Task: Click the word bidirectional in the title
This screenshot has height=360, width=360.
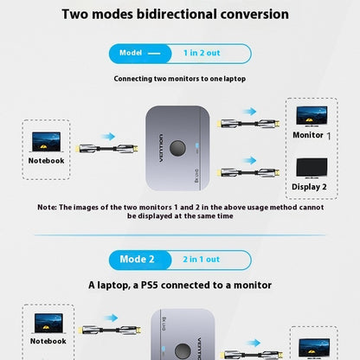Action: click(x=177, y=14)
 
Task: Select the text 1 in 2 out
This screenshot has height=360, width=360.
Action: click(x=202, y=53)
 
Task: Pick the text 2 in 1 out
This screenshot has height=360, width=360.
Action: click(x=202, y=260)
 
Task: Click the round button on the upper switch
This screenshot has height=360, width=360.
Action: click(x=177, y=148)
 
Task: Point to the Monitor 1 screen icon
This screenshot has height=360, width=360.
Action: click(x=312, y=116)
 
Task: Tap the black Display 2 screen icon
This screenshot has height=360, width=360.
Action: click(x=312, y=168)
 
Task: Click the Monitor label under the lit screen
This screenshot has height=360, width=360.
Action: click(x=308, y=135)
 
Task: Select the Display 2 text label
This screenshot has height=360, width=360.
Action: click(x=309, y=187)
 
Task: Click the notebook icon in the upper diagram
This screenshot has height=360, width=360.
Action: click(x=46, y=142)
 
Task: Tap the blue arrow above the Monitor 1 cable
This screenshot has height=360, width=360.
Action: click(x=249, y=112)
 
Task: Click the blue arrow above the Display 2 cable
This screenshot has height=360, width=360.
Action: click(x=249, y=160)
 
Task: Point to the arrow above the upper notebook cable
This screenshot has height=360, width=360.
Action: click(x=108, y=137)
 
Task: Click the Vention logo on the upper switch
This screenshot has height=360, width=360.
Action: click(x=161, y=148)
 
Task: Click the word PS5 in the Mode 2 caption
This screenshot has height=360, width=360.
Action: click(x=150, y=286)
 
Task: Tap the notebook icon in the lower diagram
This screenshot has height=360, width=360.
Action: click(x=48, y=324)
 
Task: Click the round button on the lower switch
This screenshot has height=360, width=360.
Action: click(x=183, y=351)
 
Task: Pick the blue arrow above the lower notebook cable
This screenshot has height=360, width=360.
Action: click(x=111, y=318)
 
